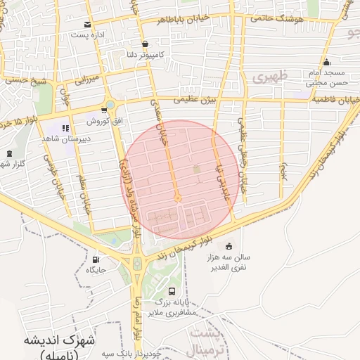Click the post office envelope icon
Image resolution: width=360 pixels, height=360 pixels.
coord(87,25)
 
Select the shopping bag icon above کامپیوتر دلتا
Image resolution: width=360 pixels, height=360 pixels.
coord(145,44)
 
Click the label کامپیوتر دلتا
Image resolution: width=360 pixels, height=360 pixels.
coord(141,54)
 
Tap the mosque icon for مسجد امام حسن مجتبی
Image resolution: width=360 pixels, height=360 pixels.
coord(326,62)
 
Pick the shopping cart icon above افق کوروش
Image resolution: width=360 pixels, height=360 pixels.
coord(110,105)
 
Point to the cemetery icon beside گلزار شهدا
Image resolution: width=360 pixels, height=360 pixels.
coord(9,154)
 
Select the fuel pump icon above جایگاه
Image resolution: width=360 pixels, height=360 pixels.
coord(96,259)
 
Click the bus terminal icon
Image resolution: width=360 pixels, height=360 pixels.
coord(172,291)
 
